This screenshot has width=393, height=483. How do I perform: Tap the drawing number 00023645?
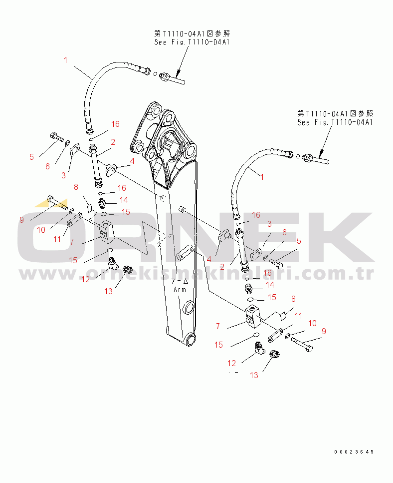click(x=354, y=452)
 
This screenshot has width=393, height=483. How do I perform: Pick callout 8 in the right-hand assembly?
click(x=293, y=299)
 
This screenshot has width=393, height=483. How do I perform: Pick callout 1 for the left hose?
click(x=65, y=60)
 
